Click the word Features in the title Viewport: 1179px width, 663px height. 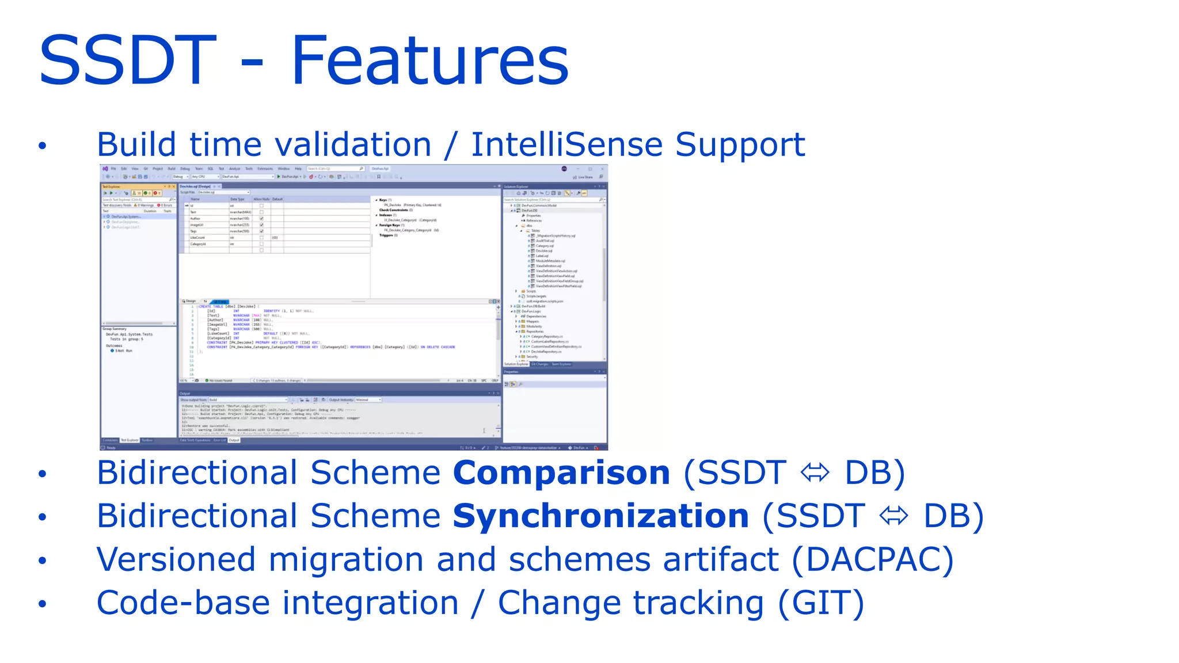pos(429,60)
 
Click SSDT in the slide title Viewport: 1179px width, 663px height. pos(127,60)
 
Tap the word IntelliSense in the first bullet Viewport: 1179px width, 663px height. pos(566,144)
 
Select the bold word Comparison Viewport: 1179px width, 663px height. pos(561,473)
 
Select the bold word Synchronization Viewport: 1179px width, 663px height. pos(600,516)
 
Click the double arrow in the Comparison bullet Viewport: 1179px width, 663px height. pos(815,473)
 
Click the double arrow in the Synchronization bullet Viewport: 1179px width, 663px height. pos(893,516)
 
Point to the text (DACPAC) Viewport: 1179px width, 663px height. pos(872,560)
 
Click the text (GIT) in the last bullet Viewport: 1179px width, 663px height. pos(821,603)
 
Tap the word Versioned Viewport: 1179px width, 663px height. pos(176,560)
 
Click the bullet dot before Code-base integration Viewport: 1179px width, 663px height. pos(42,604)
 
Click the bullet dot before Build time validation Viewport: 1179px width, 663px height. pos(42,146)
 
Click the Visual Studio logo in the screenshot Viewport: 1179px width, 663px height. pos(105,169)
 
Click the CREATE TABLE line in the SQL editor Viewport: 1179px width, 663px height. pos(227,306)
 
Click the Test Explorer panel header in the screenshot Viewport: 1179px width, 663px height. pos(138,186)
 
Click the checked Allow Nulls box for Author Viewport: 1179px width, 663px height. pos(261,219)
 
